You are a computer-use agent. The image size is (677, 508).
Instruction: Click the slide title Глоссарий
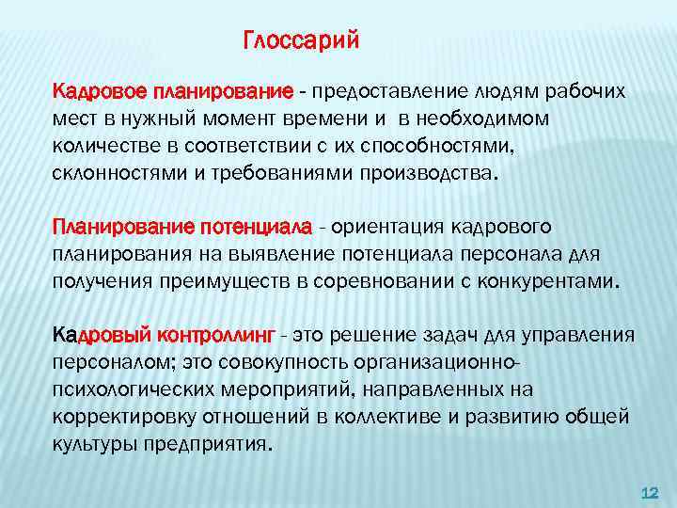point(301,42)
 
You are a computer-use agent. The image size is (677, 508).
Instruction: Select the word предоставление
point(383,92)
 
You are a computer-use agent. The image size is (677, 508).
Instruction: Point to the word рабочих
point(585,92)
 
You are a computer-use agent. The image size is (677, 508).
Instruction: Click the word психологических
point(125,389)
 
